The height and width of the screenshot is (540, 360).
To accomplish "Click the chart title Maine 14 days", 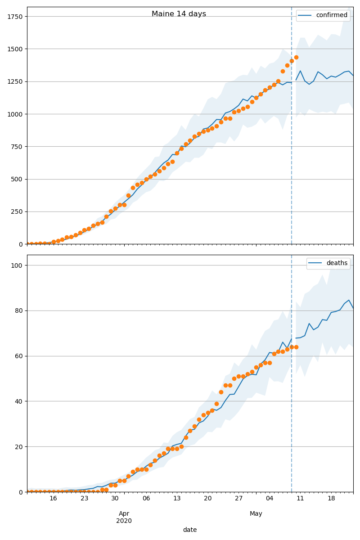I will pyautogui.click(x=179, y=14).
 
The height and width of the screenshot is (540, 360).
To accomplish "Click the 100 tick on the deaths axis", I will pyautogui.click(x=18, y=265).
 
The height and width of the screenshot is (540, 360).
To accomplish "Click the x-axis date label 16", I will pyautogui.click(x=53, y=499).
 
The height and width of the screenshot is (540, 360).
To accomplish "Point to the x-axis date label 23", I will pyautogui.click(x=84, y=499).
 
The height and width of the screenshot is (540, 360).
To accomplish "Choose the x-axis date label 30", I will pyautogui.click(x=115, y=499).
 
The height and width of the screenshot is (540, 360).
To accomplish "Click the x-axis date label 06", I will pyautogui.click(x=146, y=499).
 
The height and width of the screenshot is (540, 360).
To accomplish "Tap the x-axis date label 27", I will pyautogui.click(x=238, y=499).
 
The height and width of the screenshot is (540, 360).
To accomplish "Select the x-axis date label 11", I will pyautogui.click(x=300, y=499).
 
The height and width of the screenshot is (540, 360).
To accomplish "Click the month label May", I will pyautogui.click(x=256, y=514).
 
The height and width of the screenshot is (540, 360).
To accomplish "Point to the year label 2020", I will pyautogui.click(x=124, y=521).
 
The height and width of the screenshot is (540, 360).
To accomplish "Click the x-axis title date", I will pyautogui.click(x=190, y=530).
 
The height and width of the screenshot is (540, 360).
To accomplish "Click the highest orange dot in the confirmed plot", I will pyautogui.click(x=296, y=57).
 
